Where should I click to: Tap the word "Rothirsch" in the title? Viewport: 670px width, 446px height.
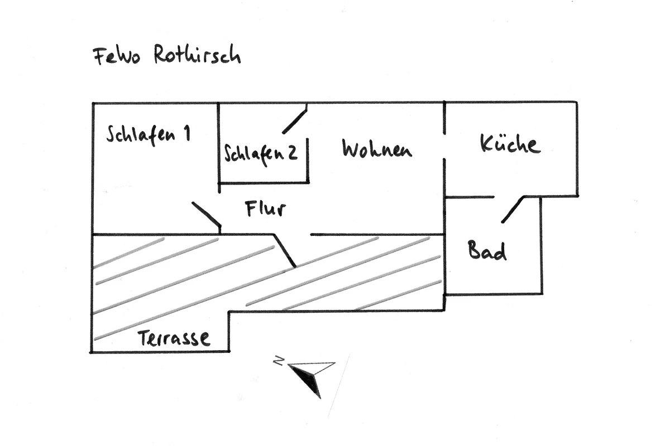pos(197,56)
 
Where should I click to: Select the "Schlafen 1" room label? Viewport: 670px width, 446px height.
pos(149,135)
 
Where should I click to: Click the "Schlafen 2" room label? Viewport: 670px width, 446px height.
pos(261,153)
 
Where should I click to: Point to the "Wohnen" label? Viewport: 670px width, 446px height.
pos(377,149)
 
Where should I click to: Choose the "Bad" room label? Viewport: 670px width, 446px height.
pos(487,251)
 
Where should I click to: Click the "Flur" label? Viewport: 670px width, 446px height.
pos(265,209)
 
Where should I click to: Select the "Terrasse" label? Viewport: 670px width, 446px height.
pos(174,338)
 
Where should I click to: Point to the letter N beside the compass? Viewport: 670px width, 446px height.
pos(278,361)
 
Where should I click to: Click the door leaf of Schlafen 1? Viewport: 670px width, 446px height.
pos(206,215)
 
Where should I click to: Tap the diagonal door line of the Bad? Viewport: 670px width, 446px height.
pos(513,209)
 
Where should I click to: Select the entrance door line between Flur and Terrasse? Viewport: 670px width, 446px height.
pos(285,251)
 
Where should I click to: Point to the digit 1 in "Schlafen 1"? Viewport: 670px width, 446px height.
pos(186,134)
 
